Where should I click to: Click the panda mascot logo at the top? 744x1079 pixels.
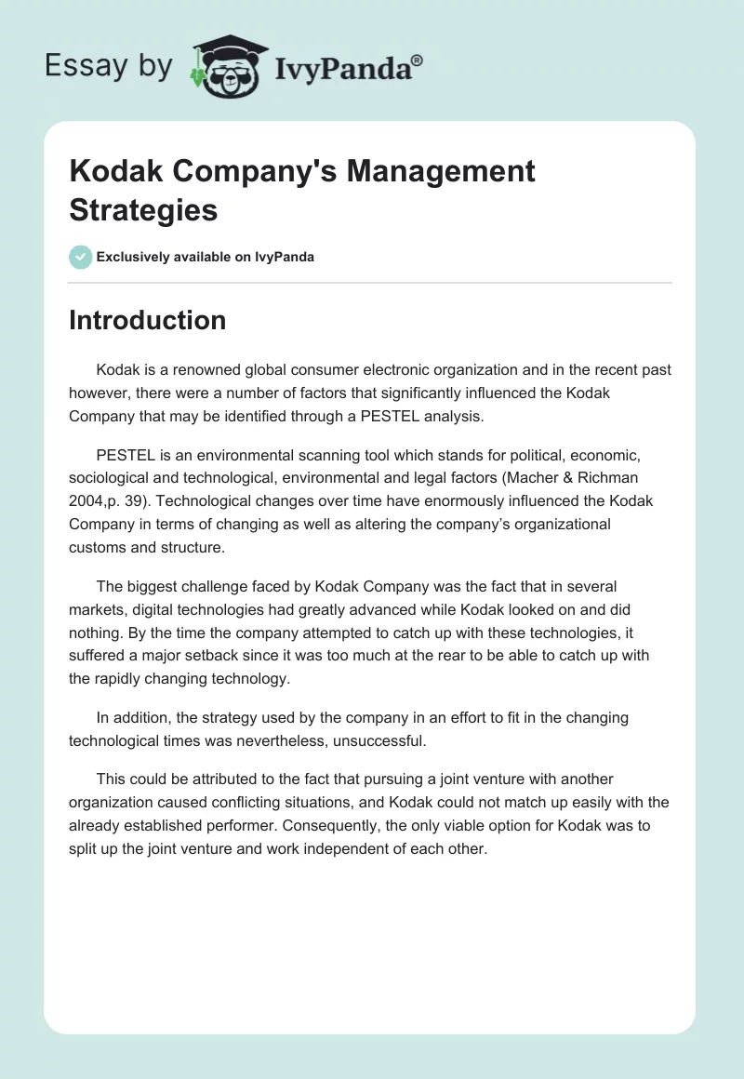click(x=227, y=68)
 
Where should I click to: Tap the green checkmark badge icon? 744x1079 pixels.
click(x=81, y=257)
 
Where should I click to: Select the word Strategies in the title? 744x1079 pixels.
click(x=143, y=209)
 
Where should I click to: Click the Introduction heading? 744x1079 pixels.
click(x=147, y=320)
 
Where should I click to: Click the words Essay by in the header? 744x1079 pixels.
click(x=107, y=67)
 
